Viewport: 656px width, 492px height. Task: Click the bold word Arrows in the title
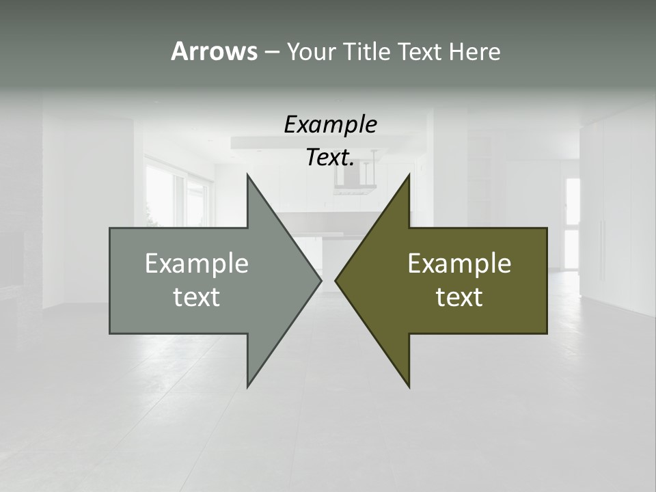(x=214, y=51)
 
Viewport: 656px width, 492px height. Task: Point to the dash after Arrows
(x=271, y=52)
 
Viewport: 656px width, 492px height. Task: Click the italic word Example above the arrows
(x=330, y=125)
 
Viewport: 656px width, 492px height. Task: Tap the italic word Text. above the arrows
(x=330, y=158)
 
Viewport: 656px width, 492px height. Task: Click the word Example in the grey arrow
(x=196, y=263)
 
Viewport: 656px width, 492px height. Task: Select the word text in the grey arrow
(x=196, y=297)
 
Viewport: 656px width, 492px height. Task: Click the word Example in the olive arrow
(x=459, y=263)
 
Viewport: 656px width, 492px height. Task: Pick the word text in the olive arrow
(x=459, y=297)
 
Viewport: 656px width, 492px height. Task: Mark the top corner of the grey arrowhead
(x=247, y=175)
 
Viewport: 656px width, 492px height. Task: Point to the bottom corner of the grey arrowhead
(x=247, y=386)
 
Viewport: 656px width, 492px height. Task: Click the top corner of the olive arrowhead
(x=409, y=175)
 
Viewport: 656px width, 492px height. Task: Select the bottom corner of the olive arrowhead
(x=409, y=386)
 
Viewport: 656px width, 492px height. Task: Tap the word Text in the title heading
(x=421, y=51)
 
